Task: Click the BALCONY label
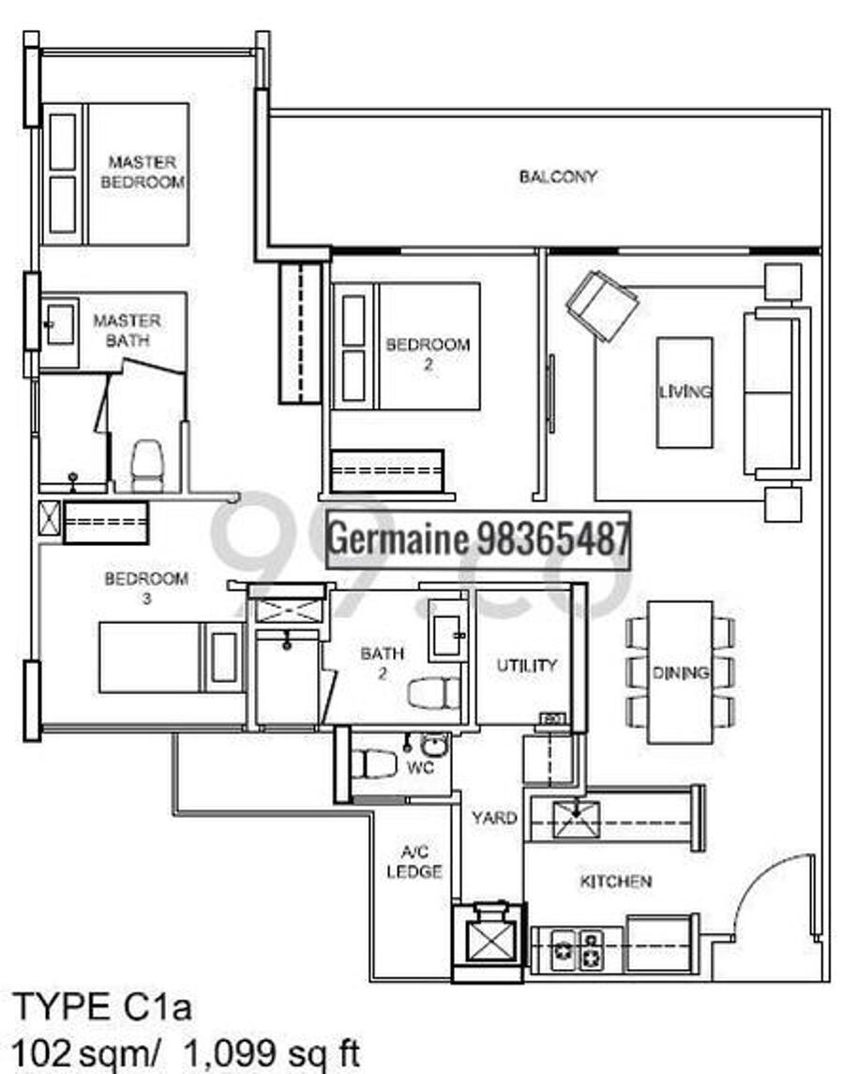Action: pyautogui.click(x=558, y=176)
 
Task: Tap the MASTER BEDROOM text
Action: pyautogui.click(x=143, y=172)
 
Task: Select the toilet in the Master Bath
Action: pyautogui.click(x=147, y=466)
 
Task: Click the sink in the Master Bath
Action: pyautogui.click(x=60, y=325)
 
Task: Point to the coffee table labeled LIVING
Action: pyautogui.click(x=685, y=392)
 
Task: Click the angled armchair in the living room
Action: pyautogui.click(x=602, y=306)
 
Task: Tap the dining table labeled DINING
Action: pyautogui.click(x=680, y=672)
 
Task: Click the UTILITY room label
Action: pyautogui.click(x=526, y=665)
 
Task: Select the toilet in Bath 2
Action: pyautogui.click(x=433, y=692)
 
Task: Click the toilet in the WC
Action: pyautogui.click(x=374, y=763)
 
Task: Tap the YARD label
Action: pyautogui.click(x=494, y=818)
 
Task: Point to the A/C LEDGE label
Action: pyautogui.click(x=414, y=862)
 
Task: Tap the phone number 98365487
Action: pyautogui.click(x=552, y=539)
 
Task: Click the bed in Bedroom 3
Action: pyautogui.click(x=172, y=658)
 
